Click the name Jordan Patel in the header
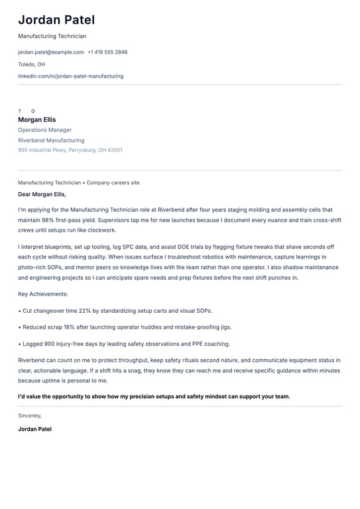pyautogui.click(x=56, y=20)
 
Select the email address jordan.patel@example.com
pyautogui.click(x=51, y=52)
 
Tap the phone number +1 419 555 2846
pyautogui.click(x=107, y=52)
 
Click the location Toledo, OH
pyautogui.click(x=32, y=64)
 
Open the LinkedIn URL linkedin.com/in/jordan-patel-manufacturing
pyautogui.click(x=70, y=76)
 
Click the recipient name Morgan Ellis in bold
pyautogui.click(x=37, y=120)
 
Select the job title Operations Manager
pyautogui.click(x=44, y=130)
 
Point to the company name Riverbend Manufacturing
pyautogui.click(x=51, y=141)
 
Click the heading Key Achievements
pyautogui.click(x=43, y=294)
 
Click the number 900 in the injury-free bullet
pyautogui.click(x=50, y=344)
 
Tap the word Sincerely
pyautogui.click(x=30, y=416)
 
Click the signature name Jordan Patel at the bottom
pyautogui.click(x=34, y=429)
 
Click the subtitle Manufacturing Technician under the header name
pyautogui.click(x=52, y=36)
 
